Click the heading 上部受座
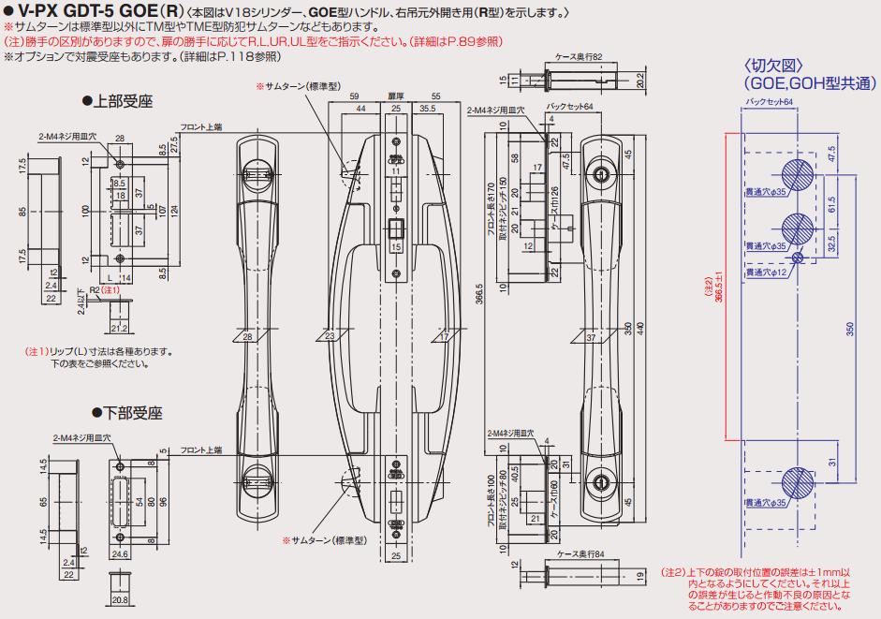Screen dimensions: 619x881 click(123, 99)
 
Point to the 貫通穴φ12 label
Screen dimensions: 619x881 click(767, 273)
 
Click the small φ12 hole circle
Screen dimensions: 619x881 click(797, 258)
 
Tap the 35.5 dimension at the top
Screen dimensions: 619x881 click(426, 110)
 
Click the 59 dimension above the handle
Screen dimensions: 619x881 click(354, 96)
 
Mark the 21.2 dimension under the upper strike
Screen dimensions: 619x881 click(117, 329)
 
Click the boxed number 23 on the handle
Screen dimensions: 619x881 click(330, 337)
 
